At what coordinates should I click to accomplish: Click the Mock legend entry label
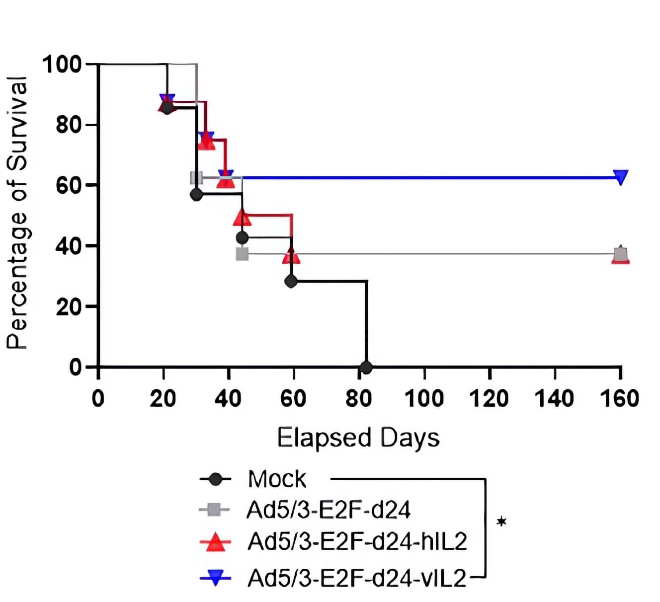click(277, 479)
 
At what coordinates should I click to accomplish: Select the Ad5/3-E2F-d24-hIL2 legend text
click(357, 541)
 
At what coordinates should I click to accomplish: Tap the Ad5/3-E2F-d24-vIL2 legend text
click(357, 578)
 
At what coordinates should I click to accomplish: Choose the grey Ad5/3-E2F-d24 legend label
click(329, 510)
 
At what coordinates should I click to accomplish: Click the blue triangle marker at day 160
click(620, 177)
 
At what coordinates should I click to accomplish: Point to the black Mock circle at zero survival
click(366, 368)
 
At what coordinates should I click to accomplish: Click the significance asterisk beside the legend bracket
click(502, 522)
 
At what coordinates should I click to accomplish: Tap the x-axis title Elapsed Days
click(358, 438)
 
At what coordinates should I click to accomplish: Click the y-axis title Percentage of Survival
click(17, 213)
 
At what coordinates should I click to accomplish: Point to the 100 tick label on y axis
click(62, 64)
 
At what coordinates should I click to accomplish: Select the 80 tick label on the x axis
click(358, 398)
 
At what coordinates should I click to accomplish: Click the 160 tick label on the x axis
click(619, 398)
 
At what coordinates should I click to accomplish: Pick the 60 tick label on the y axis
click(68, 185)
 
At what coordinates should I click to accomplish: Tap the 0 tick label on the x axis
click(98, 398)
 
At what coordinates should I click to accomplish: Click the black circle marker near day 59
click(291, 281)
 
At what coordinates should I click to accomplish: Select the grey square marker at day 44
click(242, 254)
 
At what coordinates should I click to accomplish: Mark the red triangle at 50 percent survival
click(242, 218)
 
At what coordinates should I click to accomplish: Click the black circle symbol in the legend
click(215, 479)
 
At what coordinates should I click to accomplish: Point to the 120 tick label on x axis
click(490, 398)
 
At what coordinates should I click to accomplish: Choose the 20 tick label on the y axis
click(68, 307)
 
